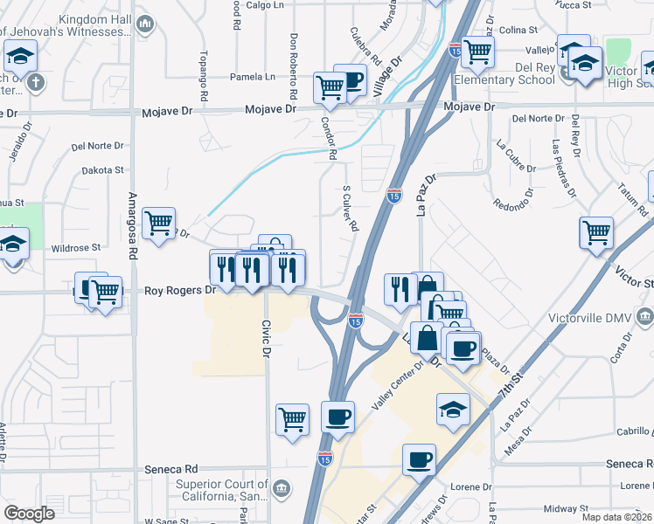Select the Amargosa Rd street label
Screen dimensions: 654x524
tap(134, 222)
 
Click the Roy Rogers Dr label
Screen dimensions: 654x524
tap(179, 290)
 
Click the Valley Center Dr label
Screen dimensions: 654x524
tap(398, 384)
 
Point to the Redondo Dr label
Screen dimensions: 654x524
tap(512, 203)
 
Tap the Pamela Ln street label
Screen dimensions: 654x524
tap(252, 77)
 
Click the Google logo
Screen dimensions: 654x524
tap(29, 514)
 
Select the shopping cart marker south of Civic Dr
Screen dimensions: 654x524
tap(293, 418)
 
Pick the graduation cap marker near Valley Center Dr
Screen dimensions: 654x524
tap(453, 408)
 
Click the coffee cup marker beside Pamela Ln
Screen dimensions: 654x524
tap(351, 80)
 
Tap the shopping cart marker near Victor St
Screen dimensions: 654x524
tap(596, 232)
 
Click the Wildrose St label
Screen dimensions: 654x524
tap(77, 248)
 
